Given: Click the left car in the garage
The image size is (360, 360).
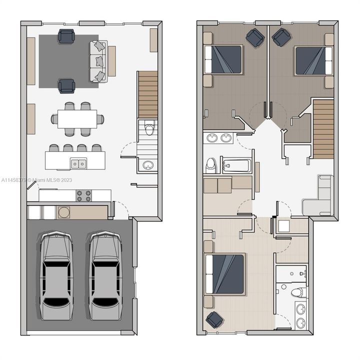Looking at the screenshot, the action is tap(56, 275).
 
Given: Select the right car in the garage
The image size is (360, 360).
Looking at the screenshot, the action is tap(105, 275).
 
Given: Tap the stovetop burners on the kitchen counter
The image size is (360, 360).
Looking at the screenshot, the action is tap(84, 195).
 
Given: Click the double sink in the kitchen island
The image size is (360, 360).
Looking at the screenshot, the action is tap(78, 163).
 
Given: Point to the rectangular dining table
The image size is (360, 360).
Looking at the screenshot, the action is tap(77, 119).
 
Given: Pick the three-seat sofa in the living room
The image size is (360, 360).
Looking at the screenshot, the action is tap(98, 61).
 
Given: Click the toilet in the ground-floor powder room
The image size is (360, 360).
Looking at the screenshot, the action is tap(149, 129).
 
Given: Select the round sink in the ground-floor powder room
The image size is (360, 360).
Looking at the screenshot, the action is tap(148, 165).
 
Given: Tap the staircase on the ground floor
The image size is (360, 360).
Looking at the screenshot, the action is tap(148, 94).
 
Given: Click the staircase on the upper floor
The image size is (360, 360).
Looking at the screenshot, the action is tap(323, 128).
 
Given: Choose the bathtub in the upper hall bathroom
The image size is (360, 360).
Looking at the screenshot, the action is tap(236, 165).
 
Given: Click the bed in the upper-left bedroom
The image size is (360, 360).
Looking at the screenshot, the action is tap(223, 59).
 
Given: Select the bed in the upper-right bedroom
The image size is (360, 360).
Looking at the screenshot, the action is tap(313, 61).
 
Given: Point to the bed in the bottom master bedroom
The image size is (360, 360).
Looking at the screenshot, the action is tap(224, 274).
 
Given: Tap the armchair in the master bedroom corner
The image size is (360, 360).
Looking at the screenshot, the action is tap(214, 319).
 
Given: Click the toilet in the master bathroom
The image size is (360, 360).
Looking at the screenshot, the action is tap(298, 292).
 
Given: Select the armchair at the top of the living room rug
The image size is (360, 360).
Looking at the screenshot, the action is tap(66, 36).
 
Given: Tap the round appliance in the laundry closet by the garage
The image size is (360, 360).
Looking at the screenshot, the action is tap(64, 212).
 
